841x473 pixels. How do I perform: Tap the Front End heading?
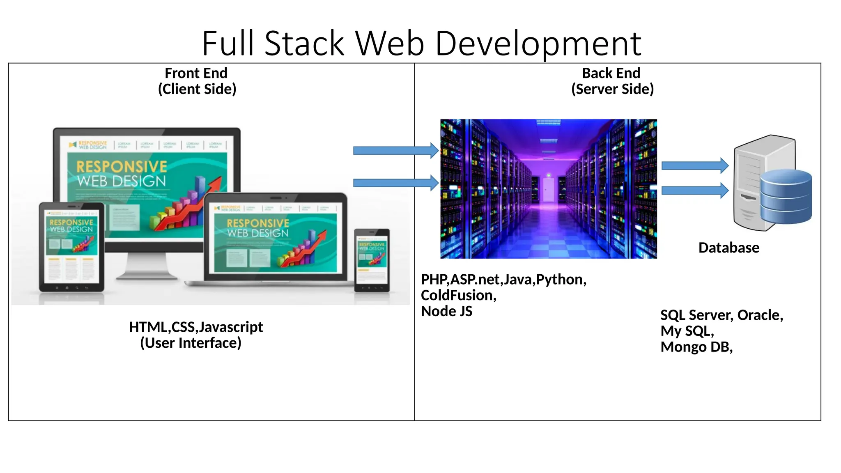[x=196, y=73]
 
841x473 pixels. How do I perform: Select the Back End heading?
[x=611, y=73]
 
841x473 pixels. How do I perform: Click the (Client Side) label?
[x=197, y=89]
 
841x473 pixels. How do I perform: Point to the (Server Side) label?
[x=612, y=89]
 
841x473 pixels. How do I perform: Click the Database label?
[x=729, y=248]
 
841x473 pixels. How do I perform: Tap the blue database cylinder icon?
[x=786, y=196]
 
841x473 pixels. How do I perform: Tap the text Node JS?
[x=447, y=311]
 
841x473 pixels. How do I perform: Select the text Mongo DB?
[x=696, y=347]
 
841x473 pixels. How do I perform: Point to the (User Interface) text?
[x=191, y=343]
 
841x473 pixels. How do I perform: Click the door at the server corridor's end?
[x=549, y=190]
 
